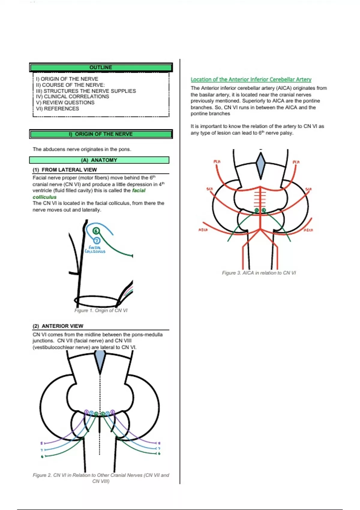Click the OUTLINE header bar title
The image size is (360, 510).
click(101, 67)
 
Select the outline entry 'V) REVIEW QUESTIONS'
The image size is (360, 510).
click(65, 103)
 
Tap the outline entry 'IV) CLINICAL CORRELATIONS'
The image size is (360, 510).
click(72, 97)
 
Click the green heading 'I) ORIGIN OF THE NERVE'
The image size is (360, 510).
click(101, 134)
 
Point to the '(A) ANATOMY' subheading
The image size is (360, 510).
click(99, 160)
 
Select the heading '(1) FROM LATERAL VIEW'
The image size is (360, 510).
click(65, 170)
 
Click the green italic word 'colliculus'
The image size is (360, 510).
click(44, 197)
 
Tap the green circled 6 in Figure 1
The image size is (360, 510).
click(96, 231)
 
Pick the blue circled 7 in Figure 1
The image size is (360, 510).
click(97, 240)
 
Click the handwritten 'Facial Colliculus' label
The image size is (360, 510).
click(95, 250)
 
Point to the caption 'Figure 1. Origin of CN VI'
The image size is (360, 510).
click(101, 310)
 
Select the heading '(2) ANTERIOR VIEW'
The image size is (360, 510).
click(58, 326)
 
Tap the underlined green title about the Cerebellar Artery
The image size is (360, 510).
click(251, 79)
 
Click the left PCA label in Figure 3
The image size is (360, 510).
click(217, 162)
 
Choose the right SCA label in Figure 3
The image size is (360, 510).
click(308, 189)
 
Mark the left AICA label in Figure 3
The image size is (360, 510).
click(203, 230)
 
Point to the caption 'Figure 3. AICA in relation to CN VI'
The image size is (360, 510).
click(259, 273)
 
